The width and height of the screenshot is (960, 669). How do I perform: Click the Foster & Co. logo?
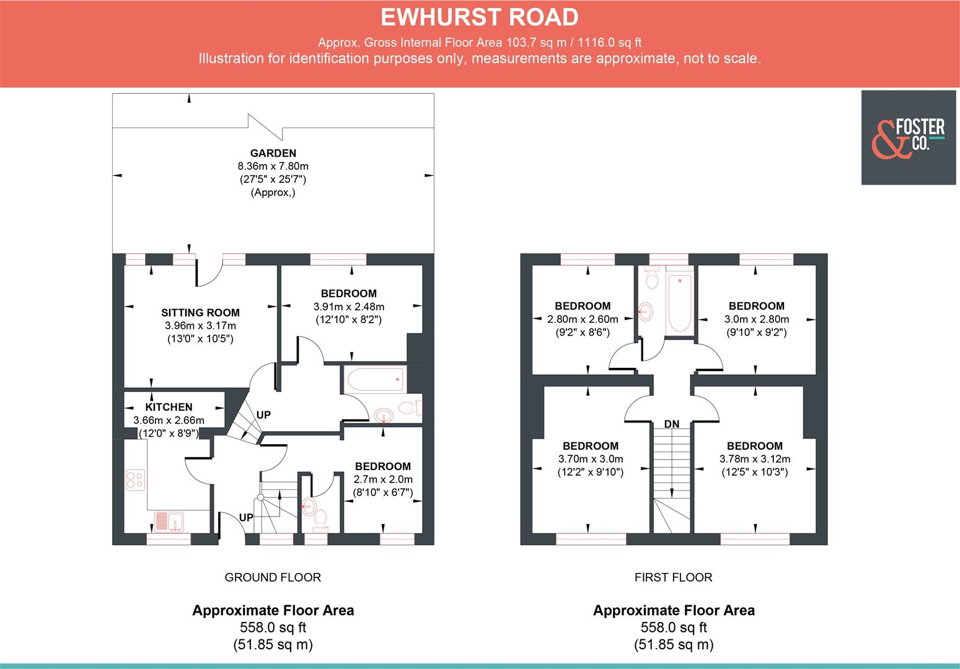[908, 138]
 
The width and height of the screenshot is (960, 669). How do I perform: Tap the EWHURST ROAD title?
[479, 17]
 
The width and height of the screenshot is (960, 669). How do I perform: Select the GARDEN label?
[273, 153]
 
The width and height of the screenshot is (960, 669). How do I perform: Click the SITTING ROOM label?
[200, 313]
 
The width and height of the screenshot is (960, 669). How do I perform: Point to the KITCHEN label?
[169, 407]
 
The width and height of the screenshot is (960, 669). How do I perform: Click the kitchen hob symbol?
[135, 480]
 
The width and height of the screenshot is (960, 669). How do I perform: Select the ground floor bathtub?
[374, 379]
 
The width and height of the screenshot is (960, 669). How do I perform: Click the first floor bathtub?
[679, 304]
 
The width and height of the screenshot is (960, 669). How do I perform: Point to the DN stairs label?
[671, 424]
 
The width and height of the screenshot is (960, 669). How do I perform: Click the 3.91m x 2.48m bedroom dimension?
[348, 307]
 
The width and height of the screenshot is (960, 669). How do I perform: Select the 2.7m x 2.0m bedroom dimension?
[382, 479]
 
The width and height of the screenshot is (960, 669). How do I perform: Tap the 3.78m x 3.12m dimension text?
[754, 459]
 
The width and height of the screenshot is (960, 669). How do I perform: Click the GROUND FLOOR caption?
[273, 577]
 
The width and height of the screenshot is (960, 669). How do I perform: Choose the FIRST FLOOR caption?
[673, 577]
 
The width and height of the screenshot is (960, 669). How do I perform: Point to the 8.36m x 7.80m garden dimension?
[273, 166]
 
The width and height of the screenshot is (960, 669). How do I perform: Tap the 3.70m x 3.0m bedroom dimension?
[590, 459]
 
